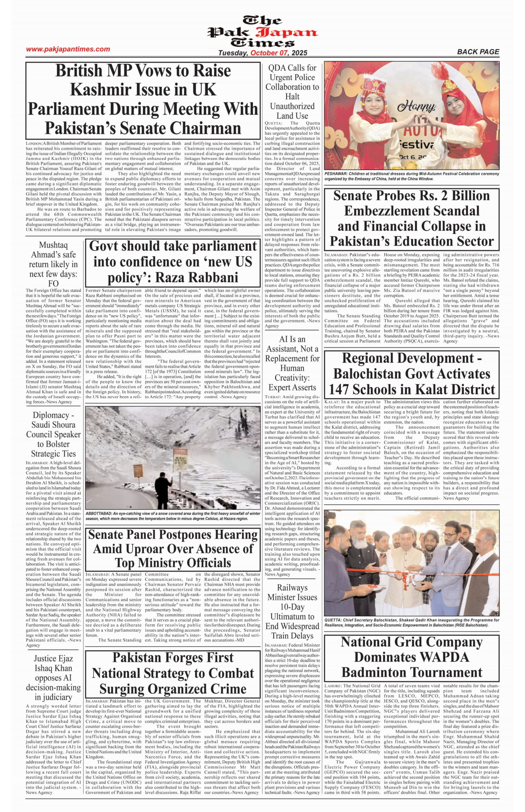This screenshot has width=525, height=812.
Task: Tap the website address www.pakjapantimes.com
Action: coord(68,49)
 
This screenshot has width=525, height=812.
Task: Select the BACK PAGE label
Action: coord(478,52)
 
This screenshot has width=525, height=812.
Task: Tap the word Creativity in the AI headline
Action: coord(292,377)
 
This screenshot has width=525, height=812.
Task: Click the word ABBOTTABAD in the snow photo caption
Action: coord(98,514)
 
